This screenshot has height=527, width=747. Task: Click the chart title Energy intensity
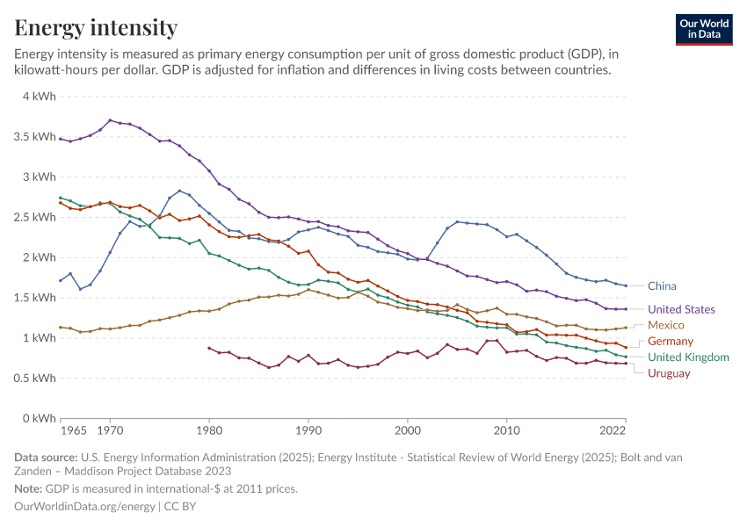click(96, 27)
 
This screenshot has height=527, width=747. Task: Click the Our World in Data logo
click(703, 29)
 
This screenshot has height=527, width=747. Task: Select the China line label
click(662, 285)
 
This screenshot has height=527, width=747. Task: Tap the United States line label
click(681, 309)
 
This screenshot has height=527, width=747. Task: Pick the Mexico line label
click(665, 325)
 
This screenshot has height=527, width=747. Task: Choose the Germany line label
click(671, 341)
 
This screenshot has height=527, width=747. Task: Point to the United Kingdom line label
click(688, 357)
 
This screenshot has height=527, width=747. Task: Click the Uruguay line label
click(669, 373)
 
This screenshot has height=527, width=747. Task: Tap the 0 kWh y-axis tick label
click(39, 418)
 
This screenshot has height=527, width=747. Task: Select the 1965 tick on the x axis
click(74, 431)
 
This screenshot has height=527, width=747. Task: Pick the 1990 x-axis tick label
click(308, 431)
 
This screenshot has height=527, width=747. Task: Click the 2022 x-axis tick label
click(612, 431)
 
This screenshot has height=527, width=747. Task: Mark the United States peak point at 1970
click(110, 120)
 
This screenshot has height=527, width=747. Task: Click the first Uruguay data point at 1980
click(209, 348)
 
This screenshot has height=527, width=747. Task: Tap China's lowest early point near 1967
click(80, 289)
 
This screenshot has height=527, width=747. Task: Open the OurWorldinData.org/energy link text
click(83, 507)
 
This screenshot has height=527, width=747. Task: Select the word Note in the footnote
click(28, 488)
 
